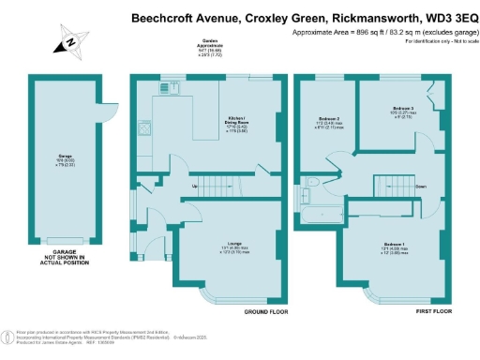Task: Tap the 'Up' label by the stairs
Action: tap(195, 187)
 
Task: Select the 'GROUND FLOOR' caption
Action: tap(265, 310)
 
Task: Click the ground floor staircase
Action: tap(225, 185)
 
